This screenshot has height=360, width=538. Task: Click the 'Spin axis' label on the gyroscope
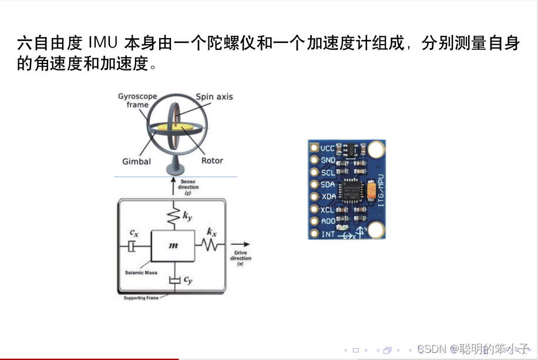click(x=214, y=97)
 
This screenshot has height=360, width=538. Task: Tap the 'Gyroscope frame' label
click(x=133, y=100)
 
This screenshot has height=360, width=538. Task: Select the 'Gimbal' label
click(x=137, y=162)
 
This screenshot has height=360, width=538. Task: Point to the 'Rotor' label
click(x=212, y=160)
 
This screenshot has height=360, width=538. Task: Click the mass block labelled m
click(x=173, y=245)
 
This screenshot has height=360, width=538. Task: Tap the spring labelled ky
click(x=173, y=216)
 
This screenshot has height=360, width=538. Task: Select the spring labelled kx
click(x=210, y=242)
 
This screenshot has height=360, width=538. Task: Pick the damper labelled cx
click(x=134, y=245)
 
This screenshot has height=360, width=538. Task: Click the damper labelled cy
click(x=173, y=281)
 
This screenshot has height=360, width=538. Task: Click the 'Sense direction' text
click(x=189, y=187)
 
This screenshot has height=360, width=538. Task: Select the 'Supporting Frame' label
click(x=142, y=298)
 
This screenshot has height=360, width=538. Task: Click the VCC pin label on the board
click(x=327, y=148)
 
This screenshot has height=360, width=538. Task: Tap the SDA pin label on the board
click(x=328, y=184)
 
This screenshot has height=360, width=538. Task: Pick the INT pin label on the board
click(x=328, y=234)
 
